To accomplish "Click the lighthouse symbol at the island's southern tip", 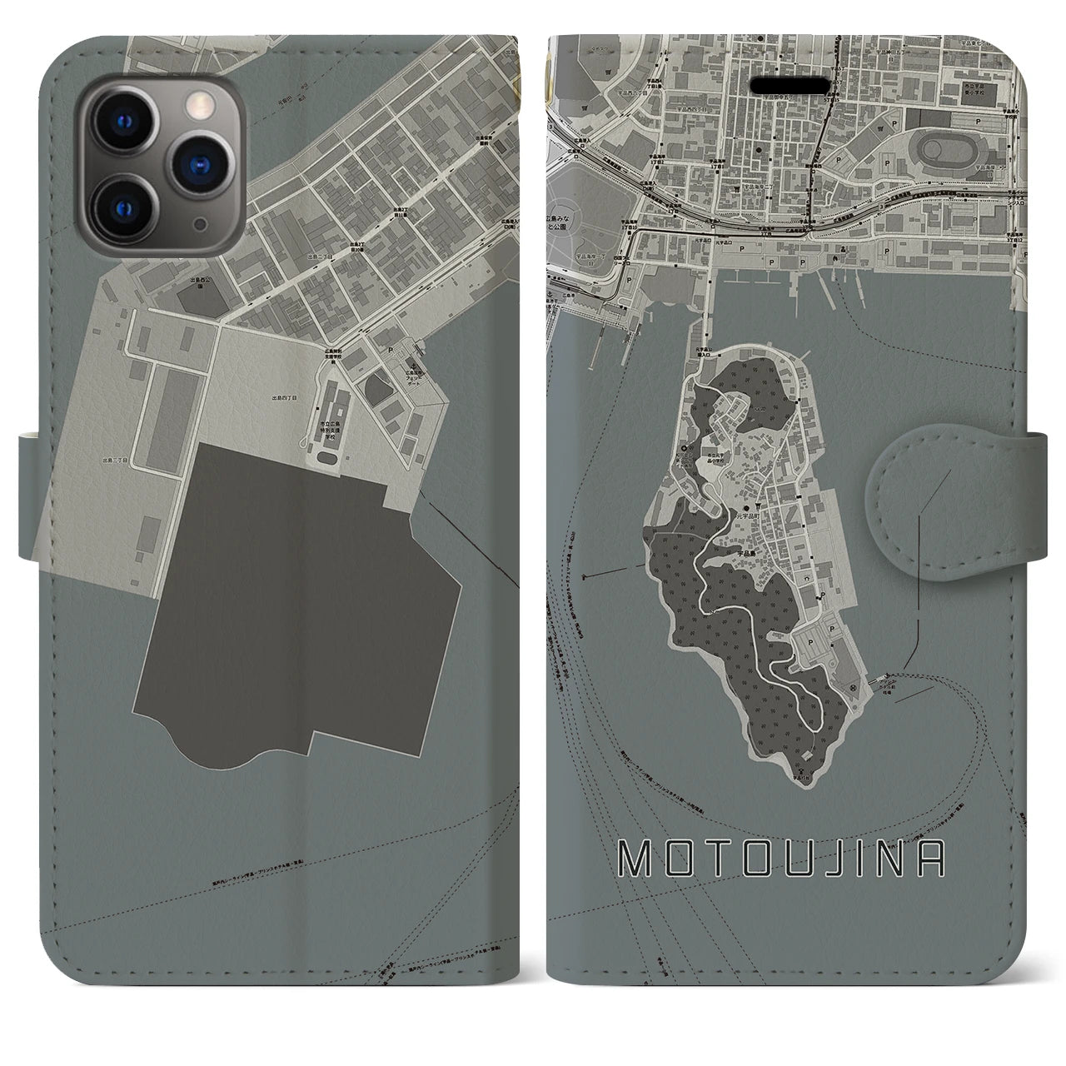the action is click(804, 755).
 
